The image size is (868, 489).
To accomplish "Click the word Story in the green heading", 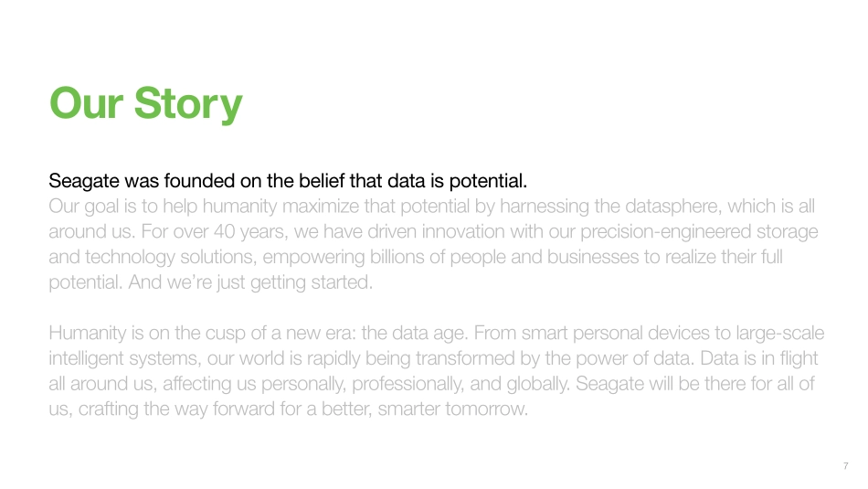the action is (x=188, y=104).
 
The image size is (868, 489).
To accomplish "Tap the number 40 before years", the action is (x=224, y=231).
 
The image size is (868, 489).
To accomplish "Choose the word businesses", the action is (x=593, y=257).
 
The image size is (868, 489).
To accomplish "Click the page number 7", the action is (x=845, y=466).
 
